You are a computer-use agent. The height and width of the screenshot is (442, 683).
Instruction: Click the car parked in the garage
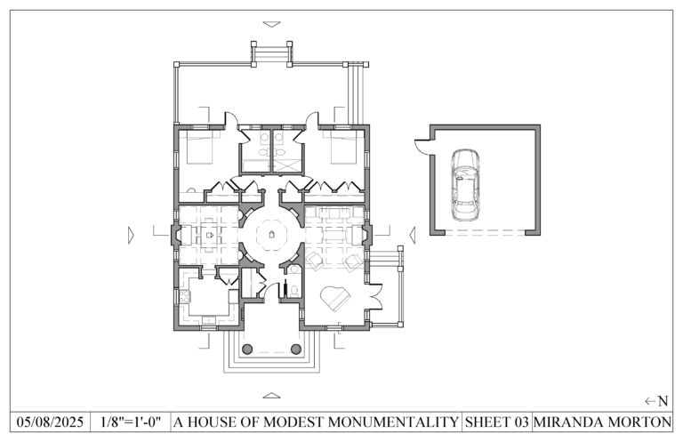pos(464,185)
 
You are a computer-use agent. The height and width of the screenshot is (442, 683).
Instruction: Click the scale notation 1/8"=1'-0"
pos(131,422)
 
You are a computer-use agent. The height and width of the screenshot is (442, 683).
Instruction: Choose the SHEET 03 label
pos(497,422)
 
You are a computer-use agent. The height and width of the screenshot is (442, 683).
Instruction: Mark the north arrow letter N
pos(663,401)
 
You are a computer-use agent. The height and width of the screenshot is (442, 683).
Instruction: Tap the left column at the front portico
pos(247,348)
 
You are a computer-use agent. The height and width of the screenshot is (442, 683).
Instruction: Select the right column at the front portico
pos(296,348)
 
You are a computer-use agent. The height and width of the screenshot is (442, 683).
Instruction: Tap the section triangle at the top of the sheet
pos(271,24)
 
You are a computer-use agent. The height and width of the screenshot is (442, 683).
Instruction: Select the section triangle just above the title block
pos(271,395)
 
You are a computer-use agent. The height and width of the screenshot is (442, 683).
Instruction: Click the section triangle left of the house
pos(131,235)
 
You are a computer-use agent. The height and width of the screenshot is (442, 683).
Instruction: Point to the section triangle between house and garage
pos(413,235)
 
